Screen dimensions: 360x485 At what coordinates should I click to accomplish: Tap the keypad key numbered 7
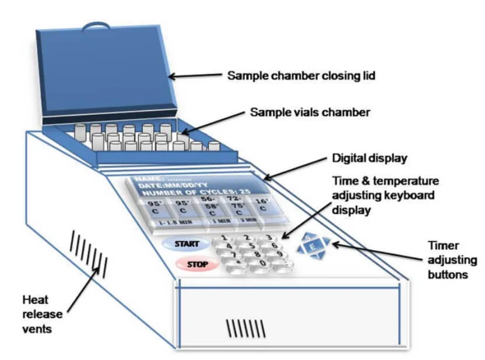coord(233,255)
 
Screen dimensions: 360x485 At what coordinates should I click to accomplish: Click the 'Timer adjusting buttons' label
coord(448,260)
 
